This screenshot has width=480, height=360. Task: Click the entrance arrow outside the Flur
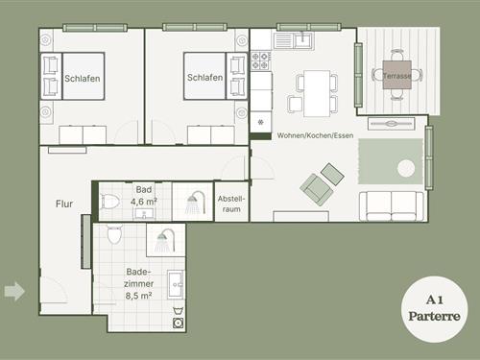pos(14,291)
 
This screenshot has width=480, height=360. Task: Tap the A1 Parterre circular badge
pos(434,309)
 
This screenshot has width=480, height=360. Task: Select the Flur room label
pos(64,204)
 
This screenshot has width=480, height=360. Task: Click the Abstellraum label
pos(231,204)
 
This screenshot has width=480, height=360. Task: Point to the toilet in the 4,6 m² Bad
pos(110,202)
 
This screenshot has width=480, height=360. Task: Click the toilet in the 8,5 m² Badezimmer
pos(114,234)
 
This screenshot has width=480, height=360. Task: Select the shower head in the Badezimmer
pos(165,240)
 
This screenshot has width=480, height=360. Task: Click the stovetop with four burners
pos(260,61)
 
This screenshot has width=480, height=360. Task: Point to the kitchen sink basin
pos(302,40)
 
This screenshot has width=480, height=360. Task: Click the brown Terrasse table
pos(397,75)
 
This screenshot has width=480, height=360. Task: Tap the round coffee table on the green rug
pos(406,168)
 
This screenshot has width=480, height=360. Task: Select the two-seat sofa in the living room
pos(392,206)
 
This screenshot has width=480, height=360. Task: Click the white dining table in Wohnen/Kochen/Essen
pos(317,93)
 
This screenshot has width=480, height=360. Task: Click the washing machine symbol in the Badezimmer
pos(178,323)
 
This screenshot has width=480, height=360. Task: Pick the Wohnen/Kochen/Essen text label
pos(315,135)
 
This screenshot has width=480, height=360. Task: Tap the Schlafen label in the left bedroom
pos(83,79)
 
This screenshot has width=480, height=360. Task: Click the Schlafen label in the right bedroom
pos(204,78)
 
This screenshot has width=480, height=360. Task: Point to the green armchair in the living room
pos(316,189)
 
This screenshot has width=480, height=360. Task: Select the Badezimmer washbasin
pos(176,285)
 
